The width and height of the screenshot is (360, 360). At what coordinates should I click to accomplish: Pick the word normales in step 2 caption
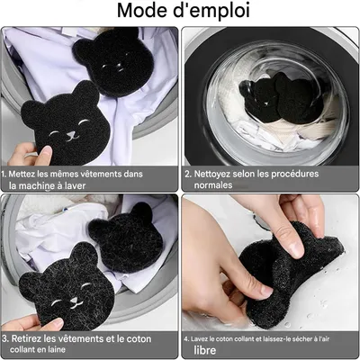pos(216,184)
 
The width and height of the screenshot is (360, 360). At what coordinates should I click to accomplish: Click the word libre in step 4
pos(205,349)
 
